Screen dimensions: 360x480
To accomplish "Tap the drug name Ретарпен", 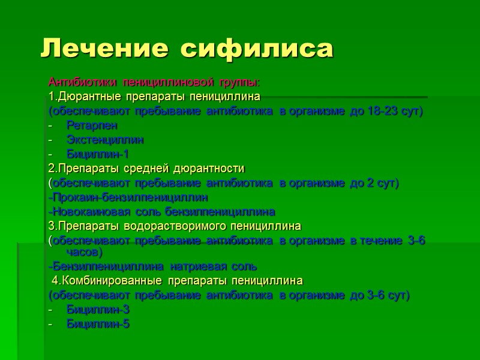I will click(x=92, y=125).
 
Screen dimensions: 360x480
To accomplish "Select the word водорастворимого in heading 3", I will click(x=176, y=226).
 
